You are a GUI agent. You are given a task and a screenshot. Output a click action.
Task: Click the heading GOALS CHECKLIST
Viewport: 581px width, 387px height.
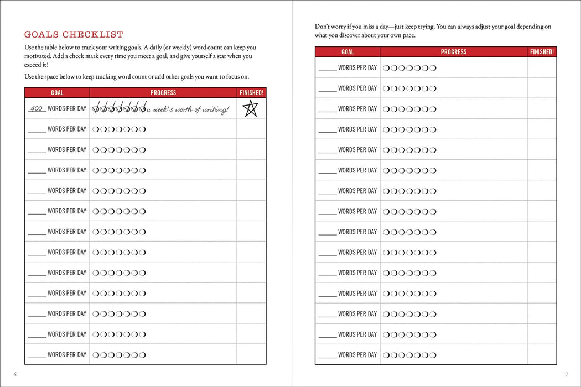click(x=74, y=35)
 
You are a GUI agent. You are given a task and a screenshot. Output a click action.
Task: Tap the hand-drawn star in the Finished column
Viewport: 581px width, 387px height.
click(x=251, y=108)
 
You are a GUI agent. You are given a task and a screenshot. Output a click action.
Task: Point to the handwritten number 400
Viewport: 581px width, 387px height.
click(x=37, y=108)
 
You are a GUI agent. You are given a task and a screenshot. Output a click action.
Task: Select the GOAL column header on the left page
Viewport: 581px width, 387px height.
click(x=57, y=93)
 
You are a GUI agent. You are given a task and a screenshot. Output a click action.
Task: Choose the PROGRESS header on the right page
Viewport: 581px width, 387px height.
click(x=453, y=52)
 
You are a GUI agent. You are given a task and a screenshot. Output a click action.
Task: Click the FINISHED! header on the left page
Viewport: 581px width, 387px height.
click(x=251, y=93)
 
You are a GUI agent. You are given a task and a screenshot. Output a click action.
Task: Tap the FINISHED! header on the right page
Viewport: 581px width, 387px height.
click(x=542, y=52)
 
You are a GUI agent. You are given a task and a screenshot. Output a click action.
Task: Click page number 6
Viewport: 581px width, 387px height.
click(x=15, y=374)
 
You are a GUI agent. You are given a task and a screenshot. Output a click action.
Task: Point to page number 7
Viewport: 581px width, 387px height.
click(x=566, y=374)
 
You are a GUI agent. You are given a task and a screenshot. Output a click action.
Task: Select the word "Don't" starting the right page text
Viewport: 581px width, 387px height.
click(x=323, y=27)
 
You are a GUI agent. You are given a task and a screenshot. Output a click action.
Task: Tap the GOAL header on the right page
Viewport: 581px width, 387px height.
click(x=347, y=52)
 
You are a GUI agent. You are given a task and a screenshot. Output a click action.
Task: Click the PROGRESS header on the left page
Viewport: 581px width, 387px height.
click(x=163, y=93)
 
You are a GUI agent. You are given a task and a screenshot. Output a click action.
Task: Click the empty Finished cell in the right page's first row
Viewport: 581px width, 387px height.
click(x=542, y=67)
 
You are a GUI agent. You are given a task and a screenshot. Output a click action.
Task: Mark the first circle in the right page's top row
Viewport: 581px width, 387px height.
click(x=386, y=68)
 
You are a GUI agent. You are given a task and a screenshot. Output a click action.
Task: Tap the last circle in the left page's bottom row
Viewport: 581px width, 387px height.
click(x=143, y=355)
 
